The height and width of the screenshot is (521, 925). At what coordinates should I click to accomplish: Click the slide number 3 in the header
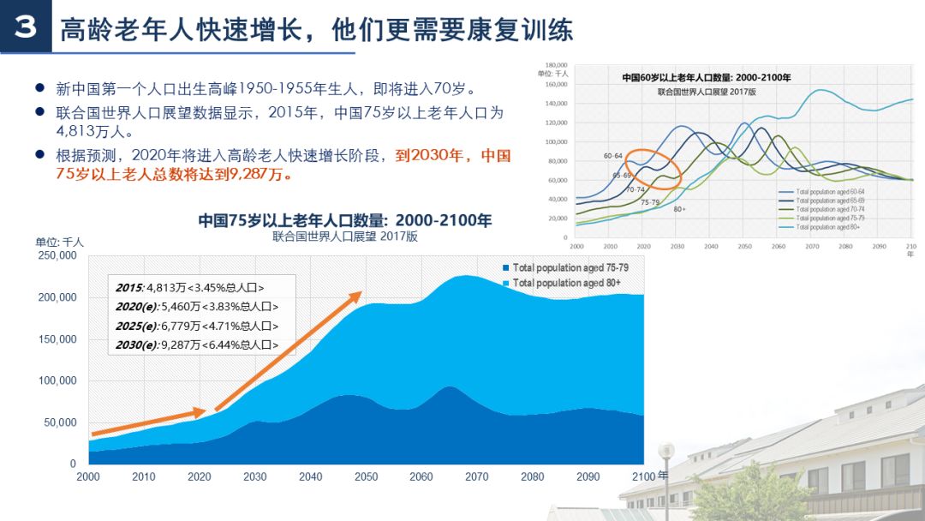(x=26, y=27)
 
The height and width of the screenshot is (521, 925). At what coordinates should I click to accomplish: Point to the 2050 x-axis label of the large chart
(x=366, y=476)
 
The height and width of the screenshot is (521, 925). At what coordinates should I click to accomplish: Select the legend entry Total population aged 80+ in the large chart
(x=566, y=283)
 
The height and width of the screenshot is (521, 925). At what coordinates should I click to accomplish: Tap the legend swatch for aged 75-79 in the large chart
(x=506, y=268)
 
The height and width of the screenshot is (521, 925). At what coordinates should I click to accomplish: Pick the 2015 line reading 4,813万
(x=190, y=288)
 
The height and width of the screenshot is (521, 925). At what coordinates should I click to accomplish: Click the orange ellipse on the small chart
(x=653, y=170)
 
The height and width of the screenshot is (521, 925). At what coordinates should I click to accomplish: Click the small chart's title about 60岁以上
(x=706, y=78)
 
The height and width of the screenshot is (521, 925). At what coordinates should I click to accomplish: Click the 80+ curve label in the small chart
(x=679, y=209)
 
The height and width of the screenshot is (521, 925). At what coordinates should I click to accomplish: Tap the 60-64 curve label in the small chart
(x=612, y=156)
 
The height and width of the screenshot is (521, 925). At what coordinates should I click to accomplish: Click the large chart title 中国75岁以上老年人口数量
(x=344, y=220)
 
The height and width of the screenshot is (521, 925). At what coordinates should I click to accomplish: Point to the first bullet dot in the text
(x=39, y=88)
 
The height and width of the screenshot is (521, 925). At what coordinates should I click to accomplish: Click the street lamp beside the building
(x=665, y=463)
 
